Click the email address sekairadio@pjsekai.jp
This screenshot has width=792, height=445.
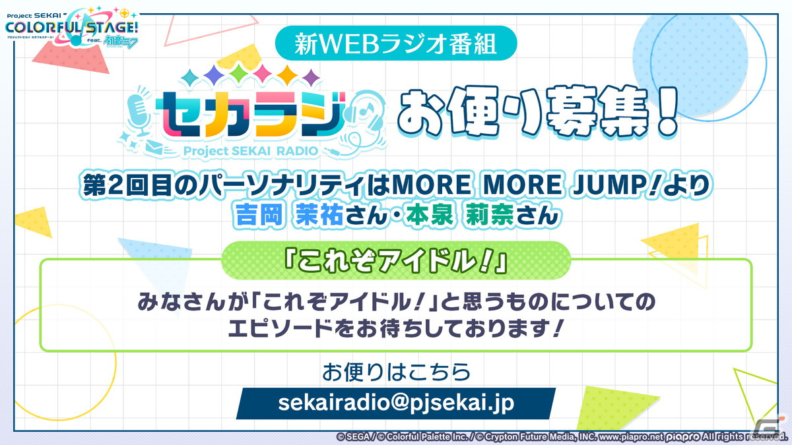point(396,403)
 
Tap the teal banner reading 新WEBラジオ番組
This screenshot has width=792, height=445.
point(396,43)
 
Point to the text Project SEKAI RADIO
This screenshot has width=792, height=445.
point(251,151)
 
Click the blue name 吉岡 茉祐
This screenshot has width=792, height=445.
point(289,215)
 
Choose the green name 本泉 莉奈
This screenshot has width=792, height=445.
point(459,215)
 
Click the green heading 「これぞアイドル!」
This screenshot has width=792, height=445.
point(396,260)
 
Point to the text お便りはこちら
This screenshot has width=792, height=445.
point(396,372)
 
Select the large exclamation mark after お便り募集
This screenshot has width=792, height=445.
point(666,111)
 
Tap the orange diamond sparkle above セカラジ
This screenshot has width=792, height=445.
point(287,74)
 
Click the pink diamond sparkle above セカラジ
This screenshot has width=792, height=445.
point(263,74)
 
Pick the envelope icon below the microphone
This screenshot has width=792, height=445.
point(155,146)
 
